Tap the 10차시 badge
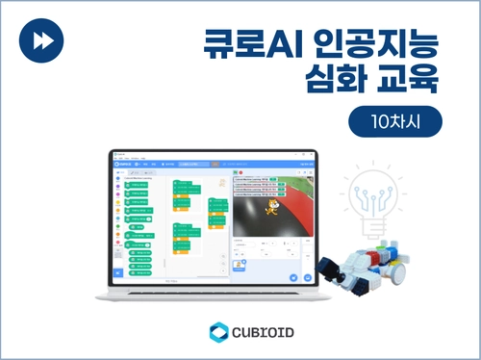click(394, 123)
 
